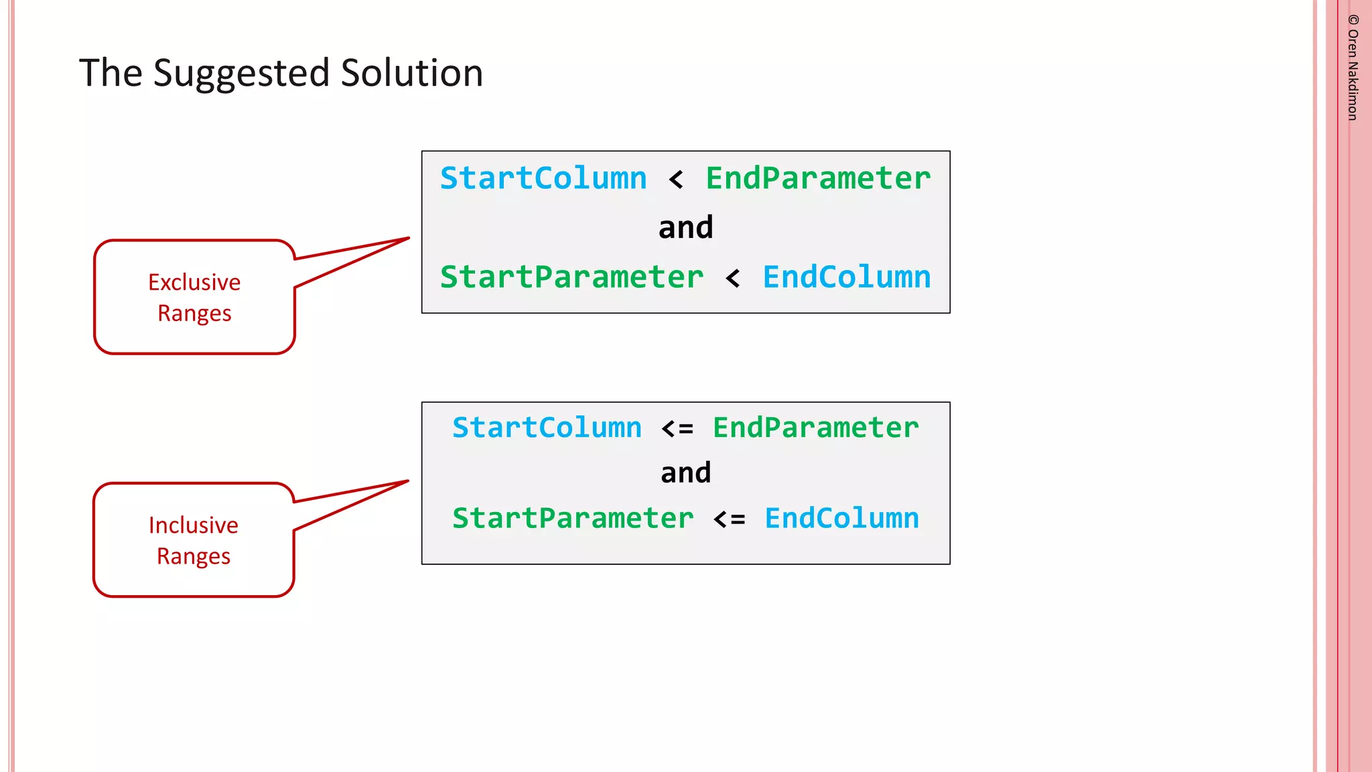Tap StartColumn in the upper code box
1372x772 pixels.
tap(543, 179)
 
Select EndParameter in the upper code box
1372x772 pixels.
tap(818, 179)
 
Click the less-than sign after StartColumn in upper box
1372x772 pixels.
tap(676, 180)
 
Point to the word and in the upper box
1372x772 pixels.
tap(685, 228)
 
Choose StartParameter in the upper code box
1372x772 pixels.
tap(571, 277)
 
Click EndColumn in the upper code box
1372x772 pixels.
tap(847, 277)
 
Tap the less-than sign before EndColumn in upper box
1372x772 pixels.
tap(733, 278)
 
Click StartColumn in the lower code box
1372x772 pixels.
tap(547, 428)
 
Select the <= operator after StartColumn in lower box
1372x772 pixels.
tap(677, 428)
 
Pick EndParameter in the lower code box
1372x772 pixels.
tap(815, 428)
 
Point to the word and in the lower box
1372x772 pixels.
tap(685, 473)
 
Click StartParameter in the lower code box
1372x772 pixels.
tap(573, 519)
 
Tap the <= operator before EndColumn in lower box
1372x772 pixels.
tap(729, 519)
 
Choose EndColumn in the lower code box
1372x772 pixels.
tap(842, 519)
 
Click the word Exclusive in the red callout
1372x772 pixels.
tap(194, 282)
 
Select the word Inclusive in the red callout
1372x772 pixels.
tap(194, 525)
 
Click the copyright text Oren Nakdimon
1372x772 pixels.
tap(1353, 68)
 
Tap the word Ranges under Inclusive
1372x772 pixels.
tap(194, 556)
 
